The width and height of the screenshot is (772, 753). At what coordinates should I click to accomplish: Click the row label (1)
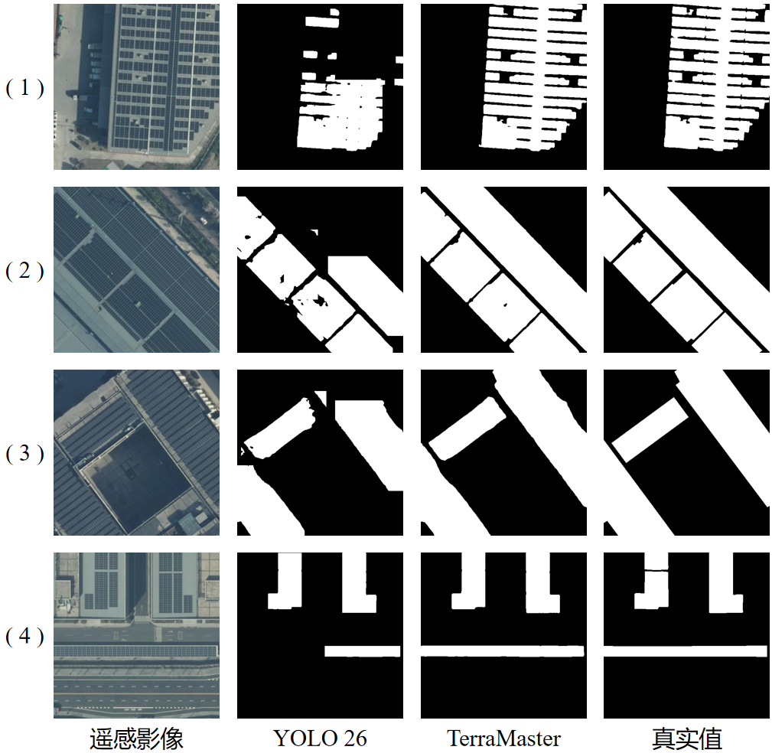point(24,88)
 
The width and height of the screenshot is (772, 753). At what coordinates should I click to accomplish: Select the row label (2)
point(24,270)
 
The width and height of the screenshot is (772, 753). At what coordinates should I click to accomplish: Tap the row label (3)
point(24,453)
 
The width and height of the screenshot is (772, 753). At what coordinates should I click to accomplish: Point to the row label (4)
point(24,636)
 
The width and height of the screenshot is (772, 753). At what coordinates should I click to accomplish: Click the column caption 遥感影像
point(136,738)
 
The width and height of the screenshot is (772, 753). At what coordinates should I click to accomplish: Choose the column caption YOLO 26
point(320,738)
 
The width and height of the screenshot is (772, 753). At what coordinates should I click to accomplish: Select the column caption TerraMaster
point(503,738)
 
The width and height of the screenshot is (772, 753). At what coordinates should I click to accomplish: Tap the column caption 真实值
point(687,738)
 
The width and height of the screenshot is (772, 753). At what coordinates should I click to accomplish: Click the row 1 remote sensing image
point(136,86)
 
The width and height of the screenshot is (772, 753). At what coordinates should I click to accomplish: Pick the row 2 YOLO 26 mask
point(320,269)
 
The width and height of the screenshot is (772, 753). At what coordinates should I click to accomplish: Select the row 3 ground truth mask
point(686,452)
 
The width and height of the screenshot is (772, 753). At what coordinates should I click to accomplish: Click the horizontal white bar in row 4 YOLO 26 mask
point(363,651)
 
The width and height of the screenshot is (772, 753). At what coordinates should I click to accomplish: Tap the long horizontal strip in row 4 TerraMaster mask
point(502,651)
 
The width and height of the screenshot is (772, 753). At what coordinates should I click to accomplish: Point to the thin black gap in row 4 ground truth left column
point(656,570)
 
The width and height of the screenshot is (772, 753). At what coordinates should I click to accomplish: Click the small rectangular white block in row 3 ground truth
point(650,430)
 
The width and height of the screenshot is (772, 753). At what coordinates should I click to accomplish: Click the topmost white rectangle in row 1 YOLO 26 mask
point(322,21)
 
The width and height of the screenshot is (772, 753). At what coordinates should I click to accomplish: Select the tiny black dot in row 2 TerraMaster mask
point(505,305)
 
